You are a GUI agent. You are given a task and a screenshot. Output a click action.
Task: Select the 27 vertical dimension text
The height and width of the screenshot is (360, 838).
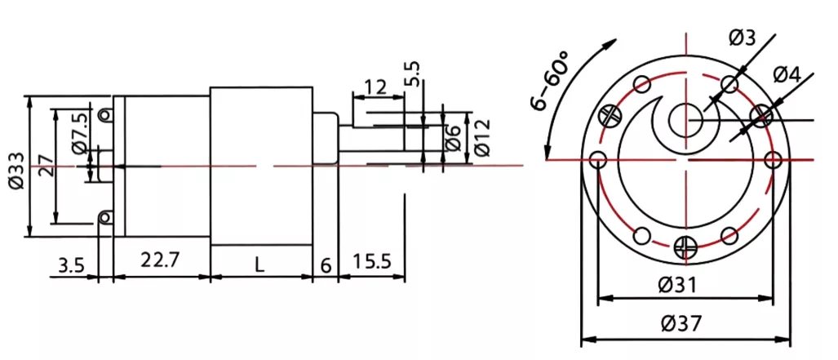[47, 167]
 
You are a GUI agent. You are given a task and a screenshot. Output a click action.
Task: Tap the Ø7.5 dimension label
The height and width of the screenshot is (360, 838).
[79, 136]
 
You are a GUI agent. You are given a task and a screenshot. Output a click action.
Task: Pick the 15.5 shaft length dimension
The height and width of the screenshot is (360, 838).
[371, 262]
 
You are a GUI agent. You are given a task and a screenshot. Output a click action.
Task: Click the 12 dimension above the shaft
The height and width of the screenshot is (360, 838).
[375, 87]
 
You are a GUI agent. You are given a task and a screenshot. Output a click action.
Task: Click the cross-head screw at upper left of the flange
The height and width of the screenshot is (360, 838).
[609, 115]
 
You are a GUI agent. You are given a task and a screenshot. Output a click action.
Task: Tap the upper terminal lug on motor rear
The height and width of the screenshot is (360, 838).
[104, 115]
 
